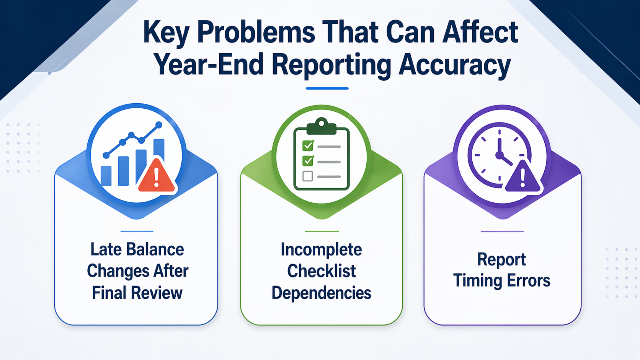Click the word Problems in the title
pyautogui.click(x=256, y=33)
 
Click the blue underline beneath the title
pyautogui.click(x=327, y=88)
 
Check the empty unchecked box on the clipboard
pyautogui.click(x=307, y=176)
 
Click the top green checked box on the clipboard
pyautogui.click(x=308, y=146)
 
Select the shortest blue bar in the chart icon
pyautogui.click(x=106, y=176)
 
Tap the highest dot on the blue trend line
pyautogui.click(x=159, y=125)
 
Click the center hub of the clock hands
pyautogui.click(x=499, y=155)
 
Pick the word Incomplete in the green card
pyautogui.click(x=321, y=249)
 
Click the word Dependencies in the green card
pyautogui.click(x=321, y=293)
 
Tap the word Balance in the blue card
pyautogui.click(x=155, y=249)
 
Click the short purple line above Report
pyautogui.click(x=502, y=231)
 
